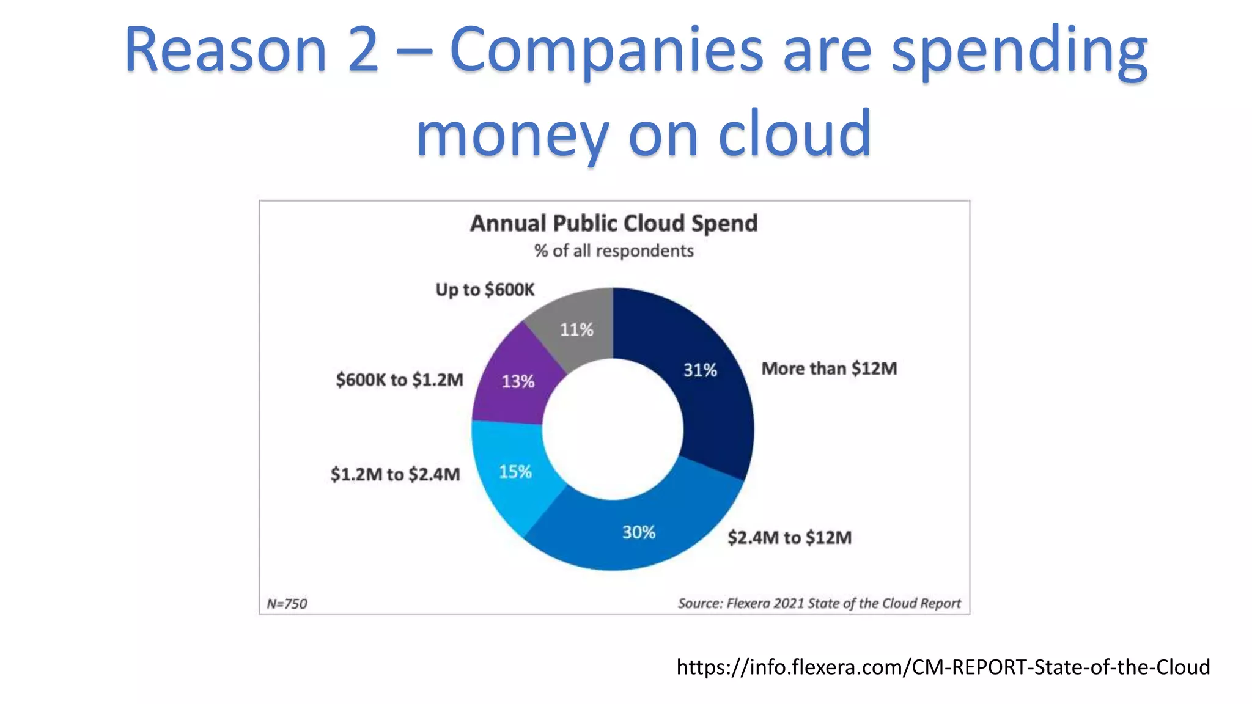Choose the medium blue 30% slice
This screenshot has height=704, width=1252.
(x=636, y=532)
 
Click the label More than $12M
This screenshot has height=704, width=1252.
(x=829, y=369)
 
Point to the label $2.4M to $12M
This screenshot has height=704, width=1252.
(x=789, y=537)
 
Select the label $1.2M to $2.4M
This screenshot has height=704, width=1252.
(x=395, y=474)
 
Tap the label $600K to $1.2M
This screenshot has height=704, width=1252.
(x=399, y=380)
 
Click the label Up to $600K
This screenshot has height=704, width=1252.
(x=485, y=289)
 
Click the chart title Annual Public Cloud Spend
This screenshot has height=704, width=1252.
(x=613, y=223)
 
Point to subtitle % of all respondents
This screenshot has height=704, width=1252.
(x=614, y=251)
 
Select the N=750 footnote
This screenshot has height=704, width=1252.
(x=287, y=604)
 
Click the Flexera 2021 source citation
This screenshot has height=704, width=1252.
(x=819, y=603)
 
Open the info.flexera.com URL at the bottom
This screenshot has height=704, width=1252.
(x=943, y=667)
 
